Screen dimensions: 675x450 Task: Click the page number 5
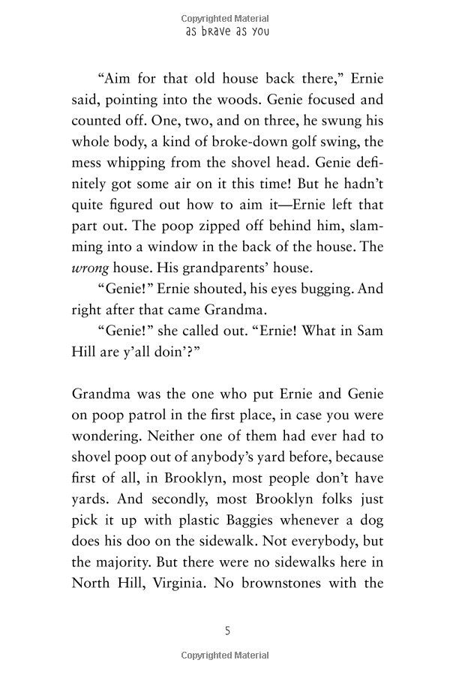pos(227,631)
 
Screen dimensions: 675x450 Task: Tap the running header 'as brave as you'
pos(226,32)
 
